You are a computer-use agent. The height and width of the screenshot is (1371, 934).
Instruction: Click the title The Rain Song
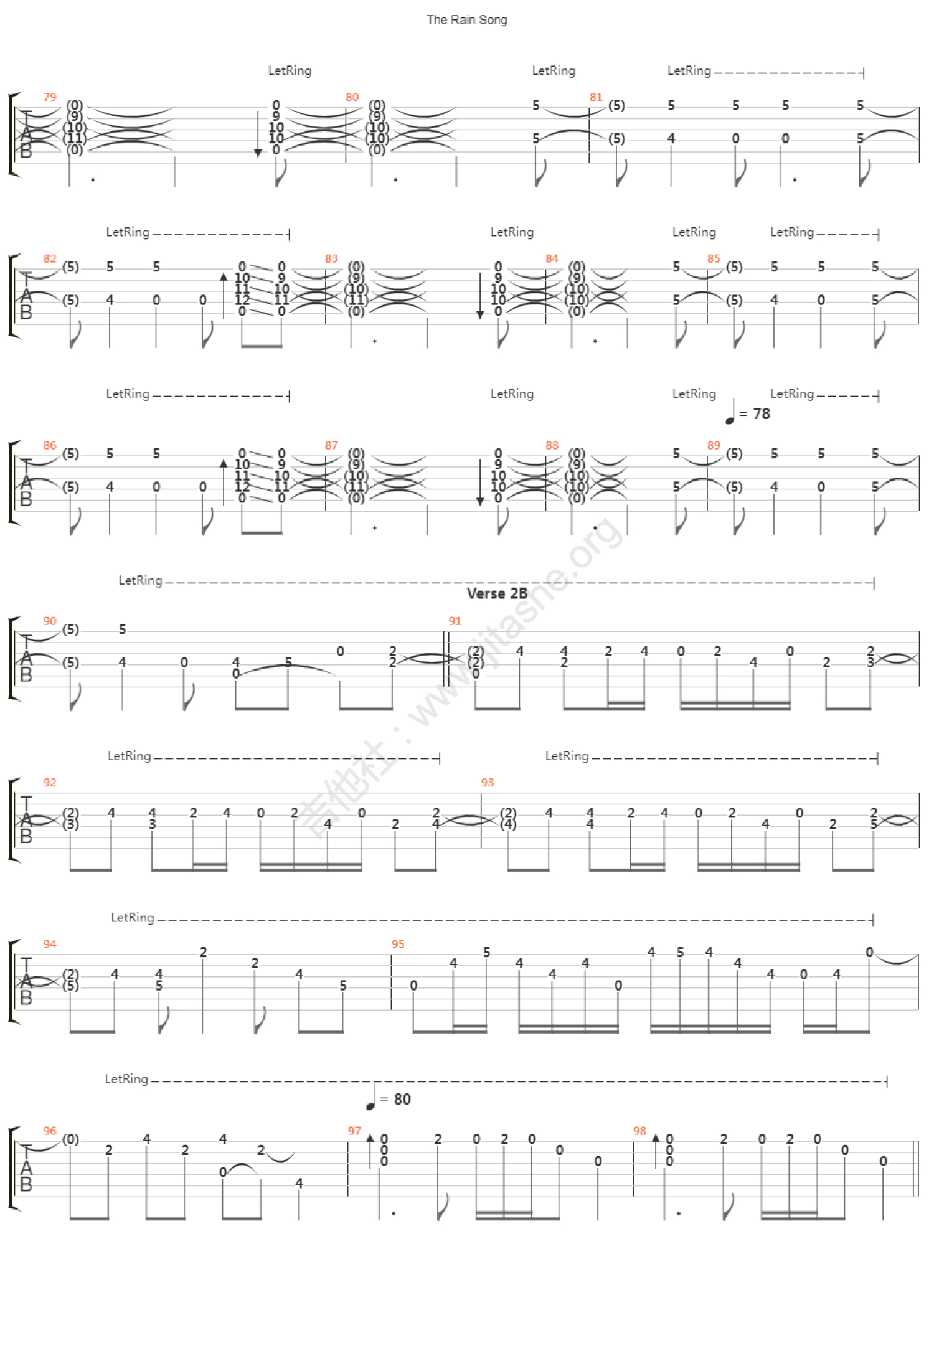pyautogui.click(x=466, y=20)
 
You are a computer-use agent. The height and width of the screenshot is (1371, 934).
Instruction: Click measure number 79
pyautogui.click(x=50, y=97)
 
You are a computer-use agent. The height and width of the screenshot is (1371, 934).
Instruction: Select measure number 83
pyautogui.click(x=331, y=258)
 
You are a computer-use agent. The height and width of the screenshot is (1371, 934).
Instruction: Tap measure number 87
pyautogui.click(x=331, y=445)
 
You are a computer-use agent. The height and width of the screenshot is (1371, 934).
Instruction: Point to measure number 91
pyautogui.click(x=455, y=621)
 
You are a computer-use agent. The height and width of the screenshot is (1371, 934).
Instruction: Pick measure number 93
pyautogui.click(x=487, y=783)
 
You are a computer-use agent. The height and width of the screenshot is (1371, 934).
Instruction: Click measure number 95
pyautogui.click(x=398, y=944)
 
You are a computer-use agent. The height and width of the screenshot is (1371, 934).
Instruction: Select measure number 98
pyautogui.click(x=639, y=1131)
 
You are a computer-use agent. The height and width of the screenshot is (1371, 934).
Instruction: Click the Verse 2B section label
pyautogui.click(x=497, y=593)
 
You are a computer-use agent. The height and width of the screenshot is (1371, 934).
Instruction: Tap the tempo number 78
pyautogui.click(x=762, y=414)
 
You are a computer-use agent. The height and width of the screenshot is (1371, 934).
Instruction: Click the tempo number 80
pyautogui.click(x=402, y=1100)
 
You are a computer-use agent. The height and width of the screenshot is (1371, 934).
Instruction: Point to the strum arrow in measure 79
pyautogui.click(x=258, y=134)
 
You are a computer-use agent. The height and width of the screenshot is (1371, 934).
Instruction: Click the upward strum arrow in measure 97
pyautogui.click(x=370, y=1151)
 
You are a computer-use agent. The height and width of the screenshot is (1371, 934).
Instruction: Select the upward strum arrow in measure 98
pyautogui.click(x=656, y=1151)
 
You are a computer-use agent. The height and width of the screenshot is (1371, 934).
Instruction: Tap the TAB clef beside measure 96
pyautogui.click(x=26, y=1168)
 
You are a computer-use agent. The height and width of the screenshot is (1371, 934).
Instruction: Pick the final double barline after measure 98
pyautogui.click(x=915, y=1168)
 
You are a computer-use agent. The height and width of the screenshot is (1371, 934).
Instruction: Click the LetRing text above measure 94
pyautogui.click(x=132, y=918)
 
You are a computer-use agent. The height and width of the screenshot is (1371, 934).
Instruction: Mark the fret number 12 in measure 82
pyautogui.click(x=242, y=300)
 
